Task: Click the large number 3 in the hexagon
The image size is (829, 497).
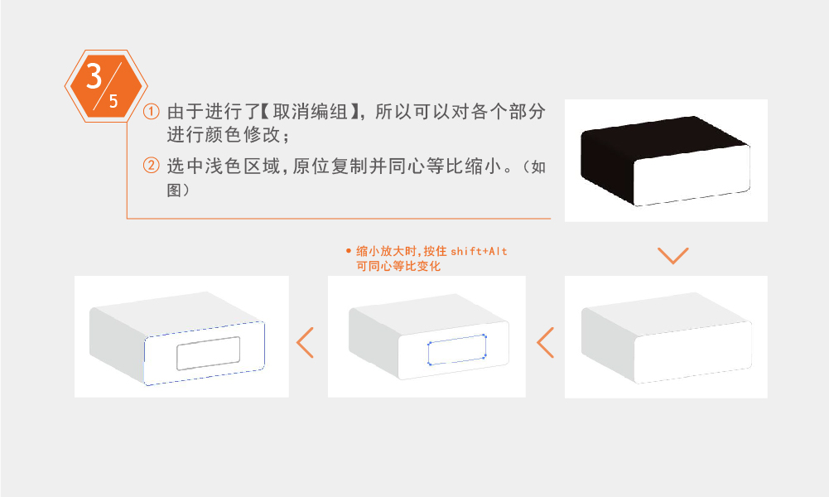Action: pos(94,76)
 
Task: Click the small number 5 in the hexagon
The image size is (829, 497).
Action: pos(113,102)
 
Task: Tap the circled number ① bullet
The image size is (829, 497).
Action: pos(151,112)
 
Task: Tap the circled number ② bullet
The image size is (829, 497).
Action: pos(151,166)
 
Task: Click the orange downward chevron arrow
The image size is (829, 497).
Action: pos(672,255)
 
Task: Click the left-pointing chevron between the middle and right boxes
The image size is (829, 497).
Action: pos(545,342)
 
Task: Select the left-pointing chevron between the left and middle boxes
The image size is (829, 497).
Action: pos(306,342)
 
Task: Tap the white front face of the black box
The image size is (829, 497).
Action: pos(692,176)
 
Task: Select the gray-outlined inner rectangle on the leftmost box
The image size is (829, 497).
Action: pos(208,353)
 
